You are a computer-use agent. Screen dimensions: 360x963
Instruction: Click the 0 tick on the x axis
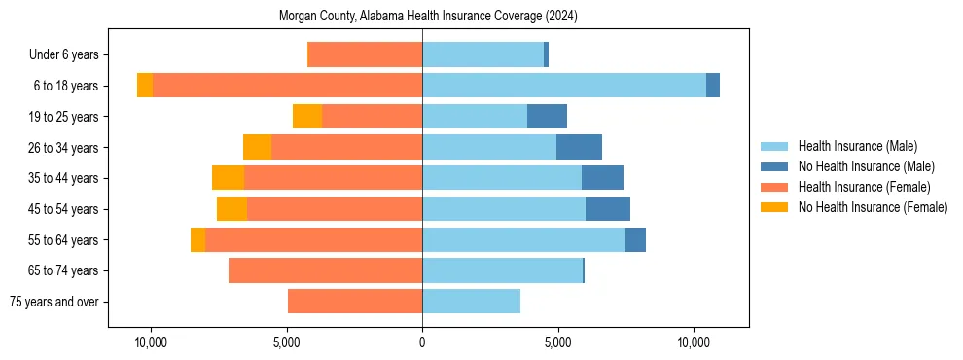click(x=422, y=343)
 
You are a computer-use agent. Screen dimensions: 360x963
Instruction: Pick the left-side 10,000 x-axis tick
click(x=151, y=343)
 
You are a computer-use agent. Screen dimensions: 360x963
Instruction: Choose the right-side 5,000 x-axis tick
click(x=557, y=343)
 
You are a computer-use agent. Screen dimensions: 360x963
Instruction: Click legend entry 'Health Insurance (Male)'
click(x=857, y=146)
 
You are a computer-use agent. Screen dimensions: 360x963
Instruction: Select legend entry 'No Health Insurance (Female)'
click(x=873, y=207)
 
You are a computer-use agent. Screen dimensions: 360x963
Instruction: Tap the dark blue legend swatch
click(x=775, y=166)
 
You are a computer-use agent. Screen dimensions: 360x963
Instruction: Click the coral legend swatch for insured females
click(x=775, y=187)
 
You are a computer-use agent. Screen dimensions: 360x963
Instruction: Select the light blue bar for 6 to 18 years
click(x=564, y=86)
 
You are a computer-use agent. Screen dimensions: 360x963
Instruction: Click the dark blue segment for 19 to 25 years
click(x=547, y=117)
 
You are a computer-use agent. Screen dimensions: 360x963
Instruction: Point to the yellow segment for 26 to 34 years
click(x=257, y=147)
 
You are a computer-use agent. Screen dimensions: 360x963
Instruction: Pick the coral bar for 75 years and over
click(x=355, y=302)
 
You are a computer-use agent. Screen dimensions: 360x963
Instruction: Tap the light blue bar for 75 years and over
click(x=471, y=302)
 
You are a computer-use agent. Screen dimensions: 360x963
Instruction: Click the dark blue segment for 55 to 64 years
click(x=635, y=239)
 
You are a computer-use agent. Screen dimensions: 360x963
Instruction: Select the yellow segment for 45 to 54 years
click(x=232, y=209)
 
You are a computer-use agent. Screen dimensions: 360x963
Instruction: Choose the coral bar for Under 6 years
click(x=365, y=55)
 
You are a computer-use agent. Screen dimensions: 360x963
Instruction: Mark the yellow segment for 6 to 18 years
click(x=145, y=86)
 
